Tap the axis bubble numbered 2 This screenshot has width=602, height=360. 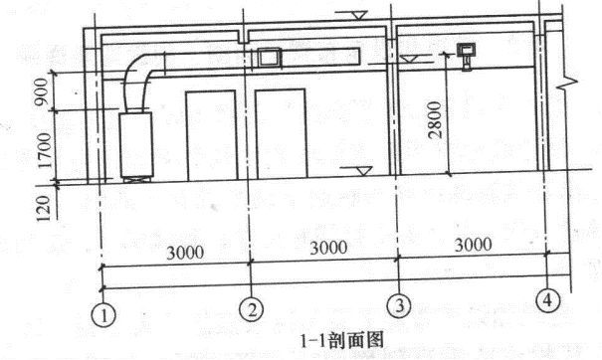254,310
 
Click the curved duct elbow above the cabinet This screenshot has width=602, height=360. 141,75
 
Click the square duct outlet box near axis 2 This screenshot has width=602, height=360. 267,58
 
